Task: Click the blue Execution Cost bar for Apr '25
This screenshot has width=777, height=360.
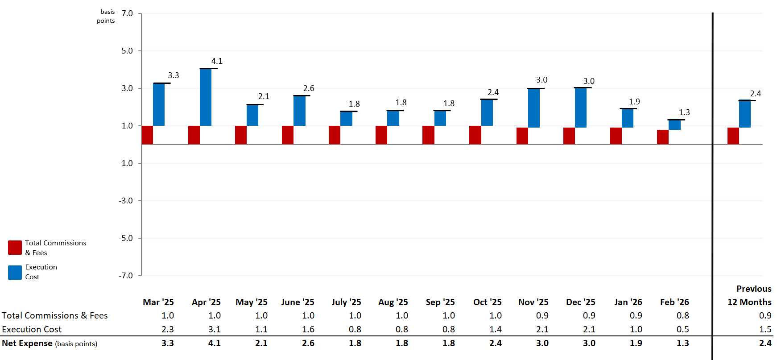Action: pos(206,97)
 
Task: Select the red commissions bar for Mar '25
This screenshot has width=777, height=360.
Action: pos(147,135)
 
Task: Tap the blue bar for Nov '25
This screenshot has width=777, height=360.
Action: pos(533,108)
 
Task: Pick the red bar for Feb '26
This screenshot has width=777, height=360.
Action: pos(662,137)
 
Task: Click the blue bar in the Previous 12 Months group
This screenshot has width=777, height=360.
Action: pos(744,114)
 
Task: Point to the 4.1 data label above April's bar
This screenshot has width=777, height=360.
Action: pos(217,61)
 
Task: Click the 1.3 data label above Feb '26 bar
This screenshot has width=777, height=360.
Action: pos(684,112)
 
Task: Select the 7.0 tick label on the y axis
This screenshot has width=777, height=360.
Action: pos(127,13)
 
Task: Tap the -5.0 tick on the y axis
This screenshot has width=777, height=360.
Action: pos(126,238)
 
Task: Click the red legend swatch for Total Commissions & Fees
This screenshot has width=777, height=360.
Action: pos(15,248)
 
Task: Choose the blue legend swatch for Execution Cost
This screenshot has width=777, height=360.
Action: pos(15,272)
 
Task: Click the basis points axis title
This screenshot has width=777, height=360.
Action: pos(106,16)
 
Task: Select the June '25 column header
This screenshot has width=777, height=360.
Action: pos(298,302)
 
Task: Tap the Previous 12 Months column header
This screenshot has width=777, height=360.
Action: pos(749,295)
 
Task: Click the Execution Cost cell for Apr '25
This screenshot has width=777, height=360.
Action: pos(214,329)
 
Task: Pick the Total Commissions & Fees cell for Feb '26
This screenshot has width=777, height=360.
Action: pos(682,315)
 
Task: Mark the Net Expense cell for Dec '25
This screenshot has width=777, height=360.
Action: pos(589,343)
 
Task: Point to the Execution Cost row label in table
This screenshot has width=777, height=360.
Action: pos(32,329)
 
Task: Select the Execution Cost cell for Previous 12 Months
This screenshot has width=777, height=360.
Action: pos(765,329)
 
